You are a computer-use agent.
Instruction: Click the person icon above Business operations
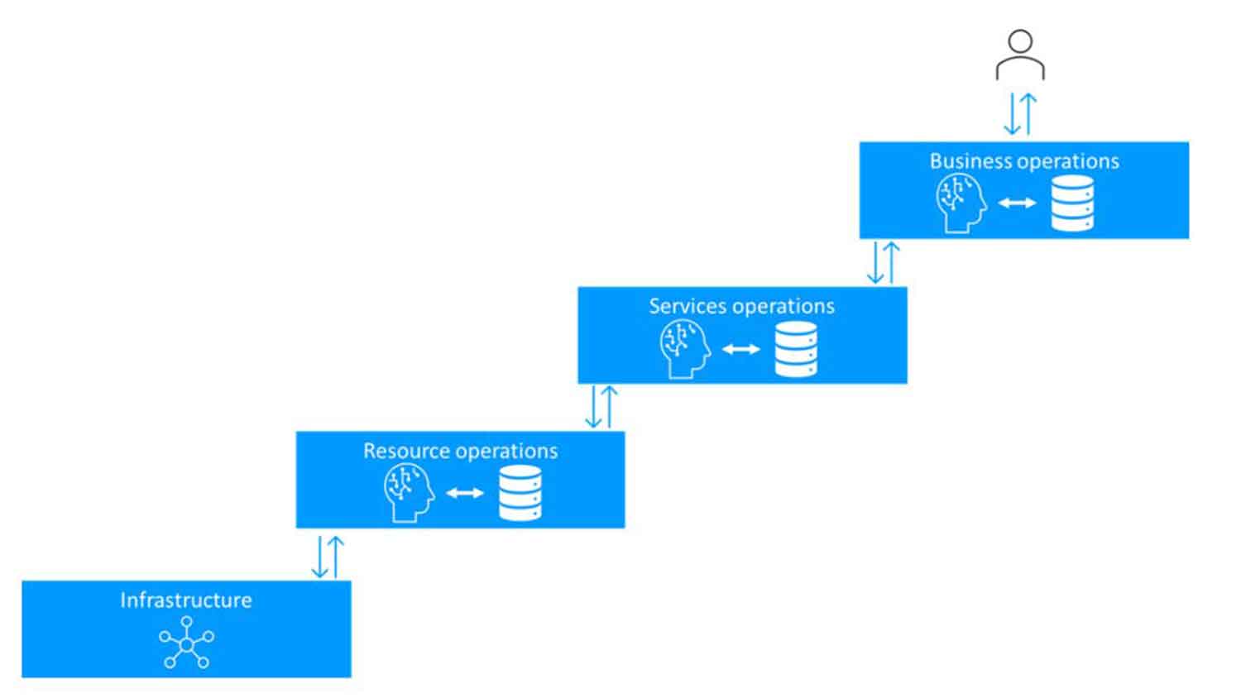click(1020, 55)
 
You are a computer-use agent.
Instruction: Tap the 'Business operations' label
click(1024, 161)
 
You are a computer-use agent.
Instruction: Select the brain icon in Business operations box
click(961, 203)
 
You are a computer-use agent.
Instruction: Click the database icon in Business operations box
click(1072, 203)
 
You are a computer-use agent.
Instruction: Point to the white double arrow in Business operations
click(1017, 203)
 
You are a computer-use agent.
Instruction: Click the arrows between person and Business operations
click(1020, 113)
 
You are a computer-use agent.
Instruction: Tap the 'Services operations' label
click(741, 307)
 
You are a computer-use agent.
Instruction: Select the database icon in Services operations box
click(796, 349)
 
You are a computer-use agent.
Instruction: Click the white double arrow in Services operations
click(740, 349)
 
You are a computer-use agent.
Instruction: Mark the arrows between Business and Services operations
click(883, 263)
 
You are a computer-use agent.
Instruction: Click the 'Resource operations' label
click(460, 452)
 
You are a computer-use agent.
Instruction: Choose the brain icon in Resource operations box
click(409, 493)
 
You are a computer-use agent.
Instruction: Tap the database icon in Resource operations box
click(520, 493)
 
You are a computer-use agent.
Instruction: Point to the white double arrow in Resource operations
click(465, 494)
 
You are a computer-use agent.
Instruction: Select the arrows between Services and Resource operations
click(601, 407)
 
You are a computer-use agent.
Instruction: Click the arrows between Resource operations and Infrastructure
click(328, 557)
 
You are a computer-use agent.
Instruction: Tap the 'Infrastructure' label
click(186, 600)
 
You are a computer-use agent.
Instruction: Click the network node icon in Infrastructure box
click(186, 643)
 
